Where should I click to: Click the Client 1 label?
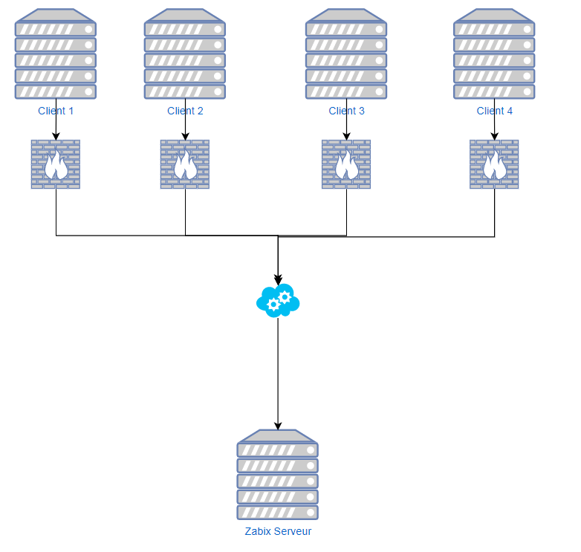tap(56, 111)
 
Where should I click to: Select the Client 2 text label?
tap(185, 111)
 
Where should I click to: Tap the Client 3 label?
tap(346, 111)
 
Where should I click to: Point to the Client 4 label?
tap(494, 111)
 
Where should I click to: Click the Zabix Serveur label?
tap(278, 532)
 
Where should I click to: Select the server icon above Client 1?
tap(56, 54)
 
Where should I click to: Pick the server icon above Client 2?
tap(185, 54)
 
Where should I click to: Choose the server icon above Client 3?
tap(346, 54)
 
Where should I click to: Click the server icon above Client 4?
tap(494, 54)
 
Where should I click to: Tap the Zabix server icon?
tap(278, 475)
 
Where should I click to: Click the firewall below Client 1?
tap(56, 164)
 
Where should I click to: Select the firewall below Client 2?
tap(185, 164)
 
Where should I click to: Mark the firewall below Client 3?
tap(346, 164)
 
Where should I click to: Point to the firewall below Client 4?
tap(494, 164)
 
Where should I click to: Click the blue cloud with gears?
tap(278, 300)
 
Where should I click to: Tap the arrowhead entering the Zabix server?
tap(278, 426)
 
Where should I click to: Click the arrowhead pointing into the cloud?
tap(278, 281)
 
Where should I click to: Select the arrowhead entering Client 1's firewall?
tap(56, 136)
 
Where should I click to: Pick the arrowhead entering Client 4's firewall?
tap(494, 136)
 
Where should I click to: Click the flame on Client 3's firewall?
tap(346, 167)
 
